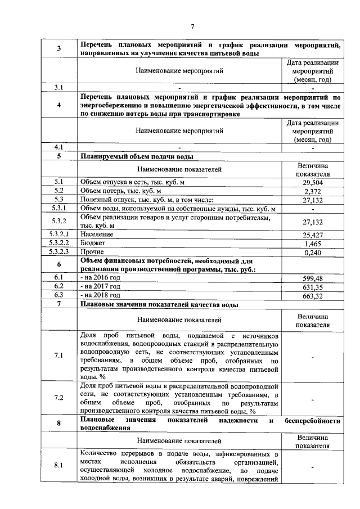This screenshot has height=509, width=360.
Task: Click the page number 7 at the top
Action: (x=192, y=26)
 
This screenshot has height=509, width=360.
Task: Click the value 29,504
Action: (x=312, y=183)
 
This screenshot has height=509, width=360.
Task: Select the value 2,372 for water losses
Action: (x=312, y=191)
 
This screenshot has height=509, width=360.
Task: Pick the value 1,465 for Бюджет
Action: (x=312, y=244)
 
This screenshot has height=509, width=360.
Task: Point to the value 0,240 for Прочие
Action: (x=312, y=253)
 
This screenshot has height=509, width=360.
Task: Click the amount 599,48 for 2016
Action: (x=312, y=278)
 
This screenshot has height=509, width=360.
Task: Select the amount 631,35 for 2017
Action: (x=312, y=287)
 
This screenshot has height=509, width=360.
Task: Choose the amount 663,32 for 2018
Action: (x=312, y=296)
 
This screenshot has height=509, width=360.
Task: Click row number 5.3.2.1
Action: (x=58, y=234)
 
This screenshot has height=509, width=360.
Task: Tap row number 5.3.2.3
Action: (x=58, y=252)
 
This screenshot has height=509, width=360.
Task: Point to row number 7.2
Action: (x=58, y=398)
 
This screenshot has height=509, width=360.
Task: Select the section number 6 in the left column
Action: (x=58, y=265)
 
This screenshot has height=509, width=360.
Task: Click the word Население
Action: (x=97, y=234)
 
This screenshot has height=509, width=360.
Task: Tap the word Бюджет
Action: (x=93, y=243)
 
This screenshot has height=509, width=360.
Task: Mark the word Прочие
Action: (x=92, y=252)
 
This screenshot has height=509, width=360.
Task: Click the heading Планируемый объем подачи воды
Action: (x=137, y=156)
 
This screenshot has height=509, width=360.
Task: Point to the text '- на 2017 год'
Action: (x=101, y=286)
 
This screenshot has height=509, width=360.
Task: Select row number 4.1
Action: (x=58, y=147)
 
